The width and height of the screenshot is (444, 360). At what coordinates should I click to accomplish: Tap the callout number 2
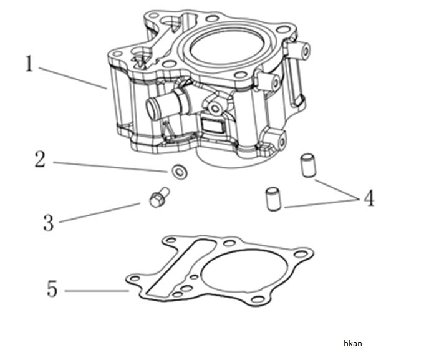coord(39,159)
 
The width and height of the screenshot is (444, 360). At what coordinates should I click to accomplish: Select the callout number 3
coord(48,222)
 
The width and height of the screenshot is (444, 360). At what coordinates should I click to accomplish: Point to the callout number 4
coord(369,198)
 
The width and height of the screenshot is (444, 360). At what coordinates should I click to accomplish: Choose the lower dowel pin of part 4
coord(270,199)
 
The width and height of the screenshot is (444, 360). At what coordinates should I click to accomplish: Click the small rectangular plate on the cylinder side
coord(213,127)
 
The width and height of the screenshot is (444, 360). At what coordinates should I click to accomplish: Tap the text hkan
coord(352,343)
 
